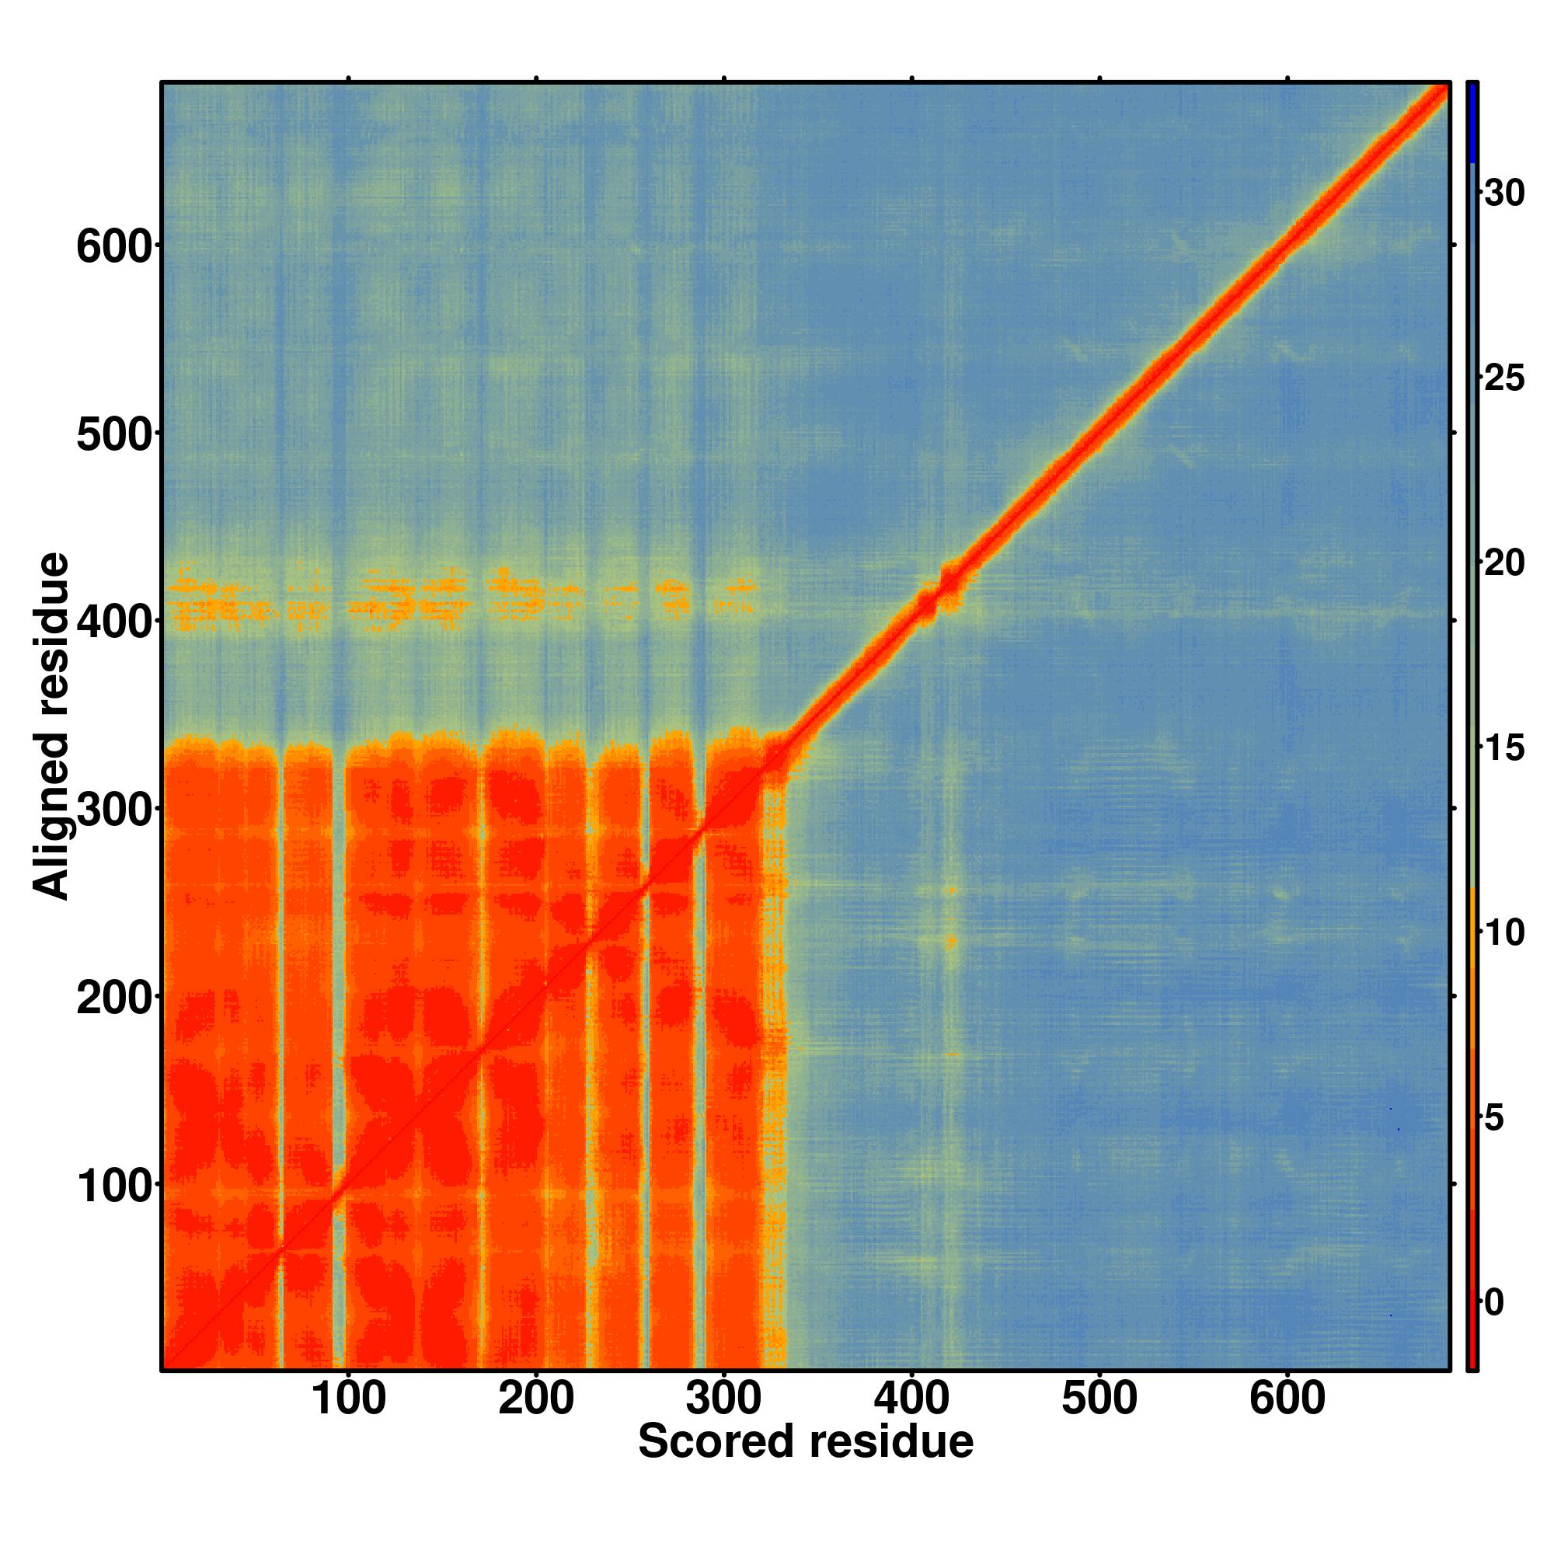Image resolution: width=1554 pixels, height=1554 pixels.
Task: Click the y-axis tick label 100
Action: [114, 1185]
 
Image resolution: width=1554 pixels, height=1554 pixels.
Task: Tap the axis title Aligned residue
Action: [51, 726]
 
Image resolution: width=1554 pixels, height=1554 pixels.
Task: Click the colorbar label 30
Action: [1504, 193]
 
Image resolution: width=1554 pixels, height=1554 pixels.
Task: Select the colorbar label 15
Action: [1504, 748]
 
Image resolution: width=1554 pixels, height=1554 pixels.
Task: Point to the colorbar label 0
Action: [1493, 1303]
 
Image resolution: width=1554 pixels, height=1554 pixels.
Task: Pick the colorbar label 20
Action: [1504, 563]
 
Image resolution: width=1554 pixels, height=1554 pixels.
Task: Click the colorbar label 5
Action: [1493, 1118]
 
